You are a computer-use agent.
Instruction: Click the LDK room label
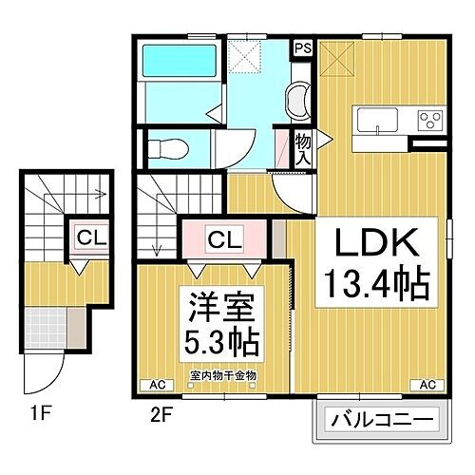(373, 245)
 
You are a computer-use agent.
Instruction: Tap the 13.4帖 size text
(373, 281)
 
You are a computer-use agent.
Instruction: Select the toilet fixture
(169, 147)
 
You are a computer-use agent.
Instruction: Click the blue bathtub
(165, 64)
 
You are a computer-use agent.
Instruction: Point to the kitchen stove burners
(430, 121)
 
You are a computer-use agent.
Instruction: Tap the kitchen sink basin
(376, 119)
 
